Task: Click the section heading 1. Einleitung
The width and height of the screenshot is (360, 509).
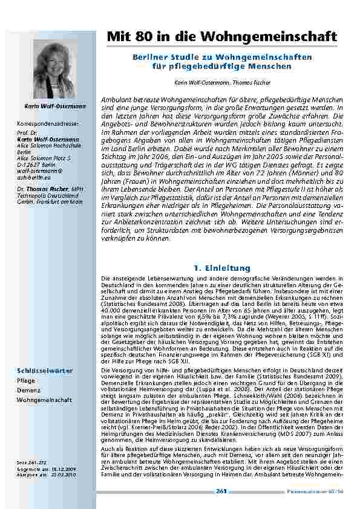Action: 217,267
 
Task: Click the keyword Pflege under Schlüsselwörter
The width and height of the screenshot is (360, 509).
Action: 25,381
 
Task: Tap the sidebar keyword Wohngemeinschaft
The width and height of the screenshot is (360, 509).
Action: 44,400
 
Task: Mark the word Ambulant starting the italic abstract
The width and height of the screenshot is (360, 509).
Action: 115,99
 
